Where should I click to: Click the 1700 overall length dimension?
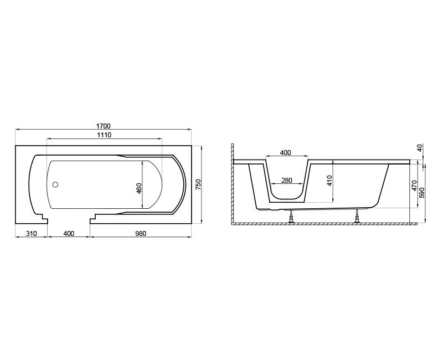click(x=104, y=126)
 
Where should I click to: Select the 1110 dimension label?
click(x=104, y=135)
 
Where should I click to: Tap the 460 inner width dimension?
click(x=139, y=188)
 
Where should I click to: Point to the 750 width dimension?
click(x=198, y=184)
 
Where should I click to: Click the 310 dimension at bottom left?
click(x=32, y=233)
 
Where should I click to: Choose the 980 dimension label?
click(x=141, y=233)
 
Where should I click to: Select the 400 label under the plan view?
click(x=69, y=233)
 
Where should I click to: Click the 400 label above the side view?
click(x=286, y=153)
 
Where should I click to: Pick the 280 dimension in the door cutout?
click(x=287, y=180)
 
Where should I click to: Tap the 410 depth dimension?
click(x=329, y=181)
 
